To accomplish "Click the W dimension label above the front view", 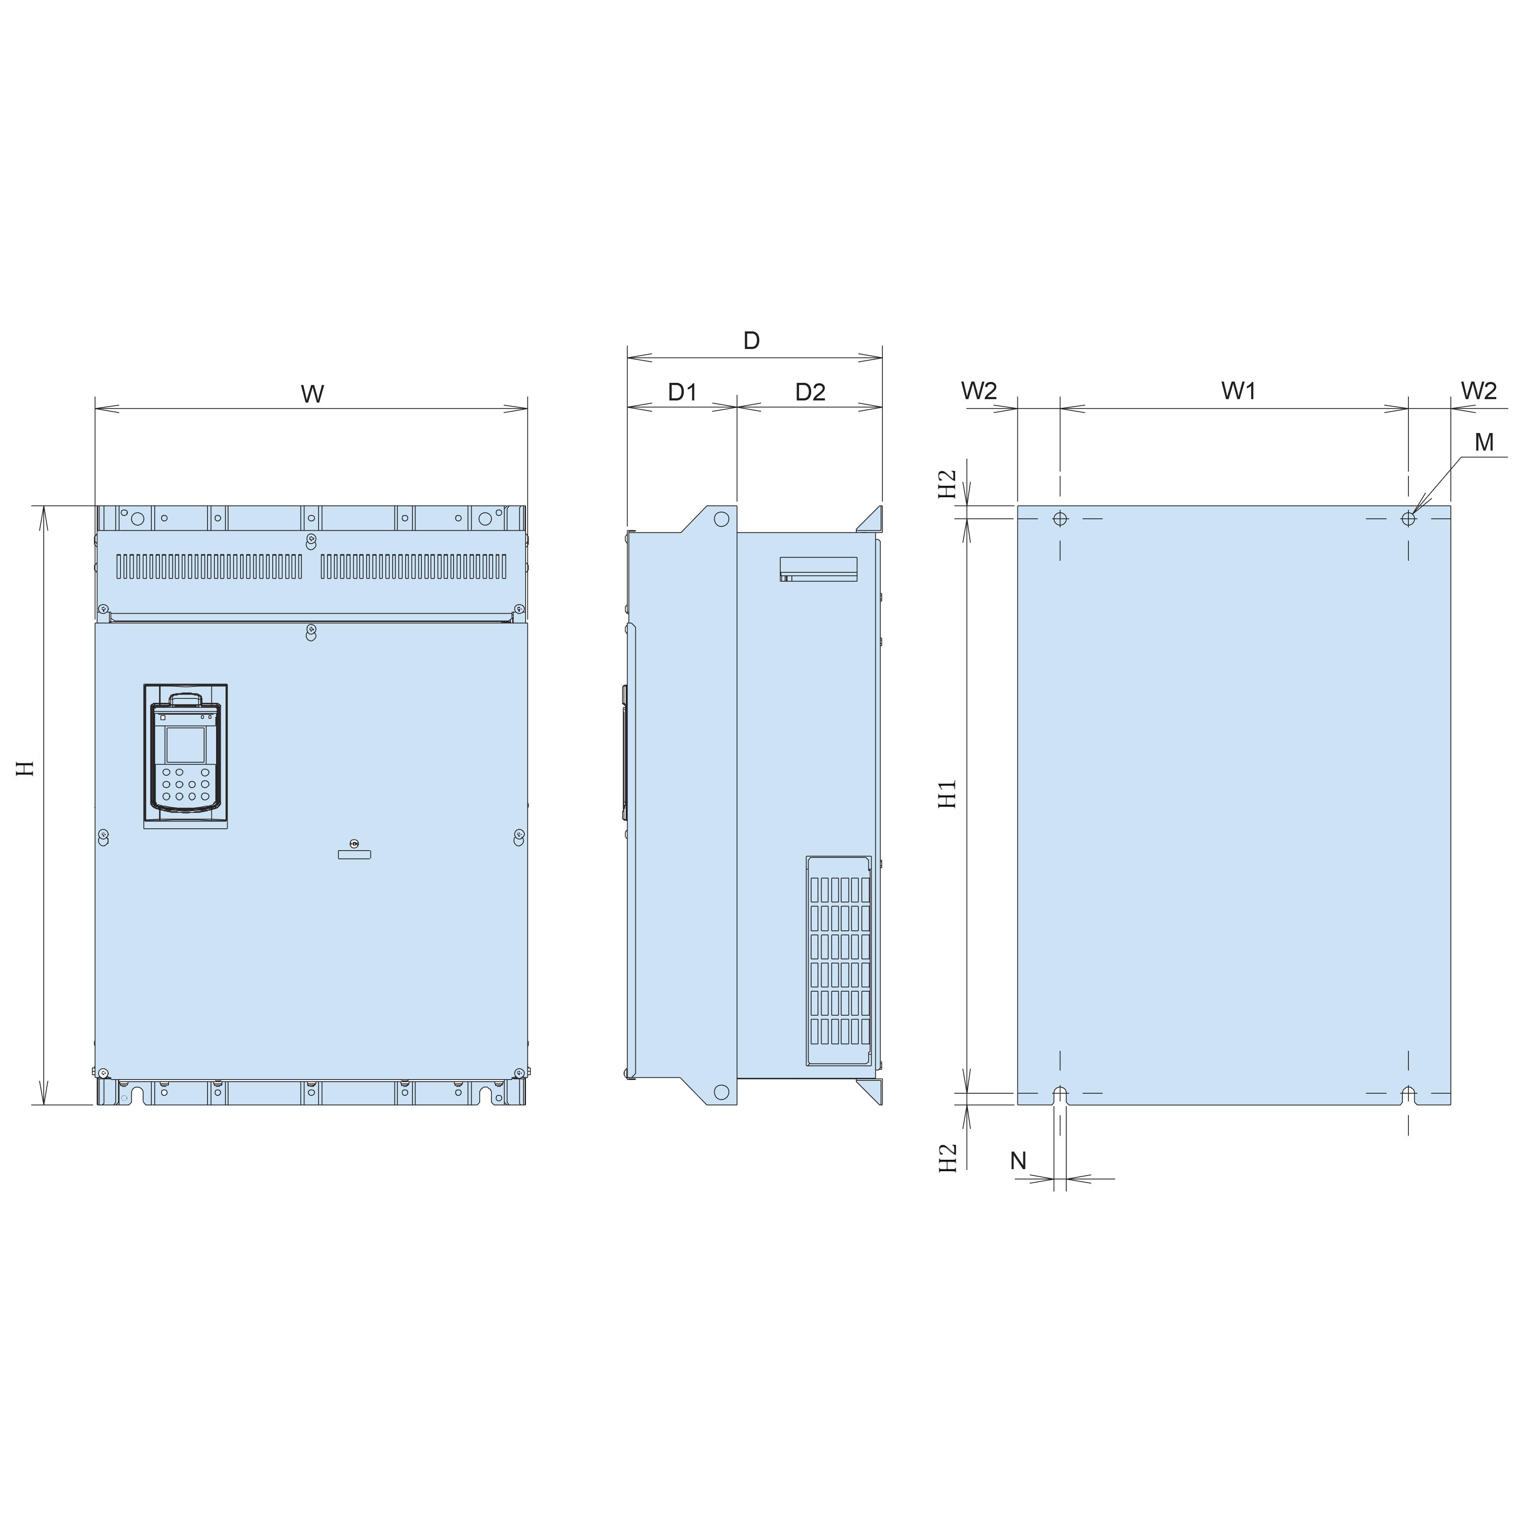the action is pos(313,394).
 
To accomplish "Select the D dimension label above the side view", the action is pos(752,340).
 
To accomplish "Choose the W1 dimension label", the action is pos(1239,390).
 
